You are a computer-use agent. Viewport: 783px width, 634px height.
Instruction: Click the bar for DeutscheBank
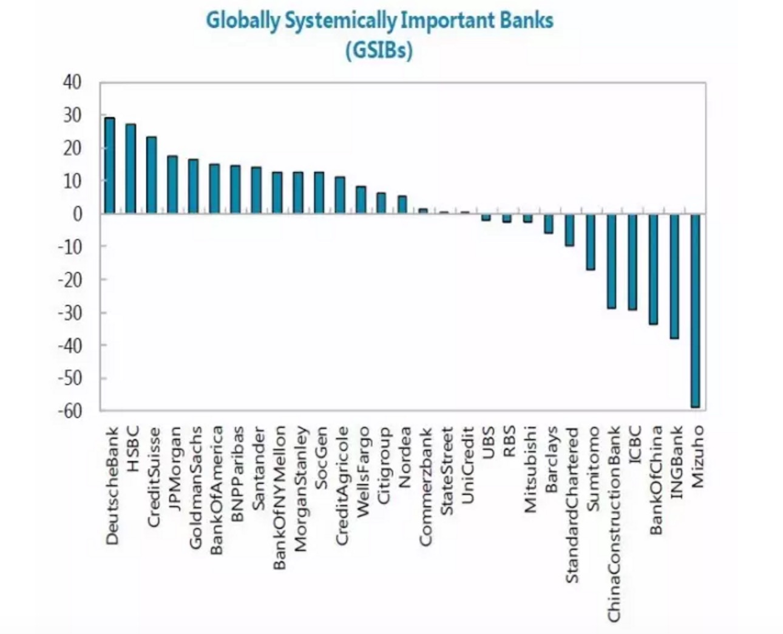pos(109,165)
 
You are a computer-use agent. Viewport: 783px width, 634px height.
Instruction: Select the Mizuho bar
pos(695,310)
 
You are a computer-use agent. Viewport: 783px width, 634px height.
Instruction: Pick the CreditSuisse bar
pos(151,175)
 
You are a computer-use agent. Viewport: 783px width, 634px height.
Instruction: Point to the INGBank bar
pos(674,276)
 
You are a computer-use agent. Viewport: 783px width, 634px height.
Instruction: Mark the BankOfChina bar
pos(653,268)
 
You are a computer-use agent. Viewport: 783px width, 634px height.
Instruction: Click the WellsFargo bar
pos(361,200)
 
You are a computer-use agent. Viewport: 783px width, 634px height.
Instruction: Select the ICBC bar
pos(632,262)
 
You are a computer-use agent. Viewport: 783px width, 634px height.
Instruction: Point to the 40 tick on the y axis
pos(72,83)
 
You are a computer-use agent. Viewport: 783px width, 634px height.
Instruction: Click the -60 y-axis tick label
pos(70,411)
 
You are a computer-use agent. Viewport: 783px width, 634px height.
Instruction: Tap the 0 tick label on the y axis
pos(77,214)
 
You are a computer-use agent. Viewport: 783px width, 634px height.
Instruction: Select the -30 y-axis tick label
pos(70,313)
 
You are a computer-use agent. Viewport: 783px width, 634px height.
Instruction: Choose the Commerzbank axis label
pos(425,486)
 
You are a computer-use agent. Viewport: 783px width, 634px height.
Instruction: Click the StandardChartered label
pos(571,505)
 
